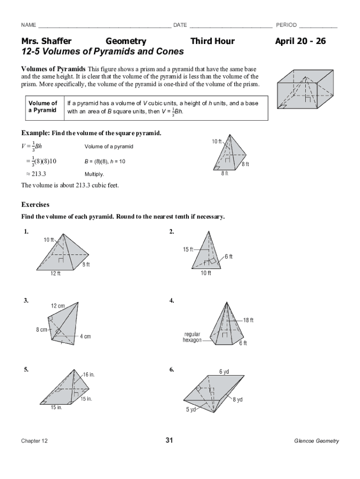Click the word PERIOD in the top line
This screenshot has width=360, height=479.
click(286, 25)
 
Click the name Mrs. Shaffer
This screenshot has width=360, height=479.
click(46, 42)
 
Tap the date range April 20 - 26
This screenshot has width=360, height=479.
click(300, 42)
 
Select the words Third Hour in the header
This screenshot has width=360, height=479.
click(212, 42)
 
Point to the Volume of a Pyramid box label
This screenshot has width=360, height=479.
click(43, 107)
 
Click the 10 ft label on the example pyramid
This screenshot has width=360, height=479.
click(217, 141)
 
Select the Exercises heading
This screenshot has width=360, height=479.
click(36, 204)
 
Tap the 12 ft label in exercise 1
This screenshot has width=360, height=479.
click(56, 274)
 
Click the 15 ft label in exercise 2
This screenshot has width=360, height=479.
click(188, 249)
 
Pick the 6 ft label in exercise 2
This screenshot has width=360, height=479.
click(229, 256)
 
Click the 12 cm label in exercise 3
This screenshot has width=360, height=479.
click(58, 306)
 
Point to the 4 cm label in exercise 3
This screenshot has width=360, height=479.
click(85, 336)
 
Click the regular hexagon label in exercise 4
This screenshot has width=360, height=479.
click(192, 337)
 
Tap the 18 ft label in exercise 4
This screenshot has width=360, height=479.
click(248, 320)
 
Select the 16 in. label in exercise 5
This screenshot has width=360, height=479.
click(89, 375)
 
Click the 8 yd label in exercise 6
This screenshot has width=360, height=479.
click(238, 400)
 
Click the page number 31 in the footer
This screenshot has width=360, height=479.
click(169, 440)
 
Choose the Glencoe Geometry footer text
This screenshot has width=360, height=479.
click(317, 441)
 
